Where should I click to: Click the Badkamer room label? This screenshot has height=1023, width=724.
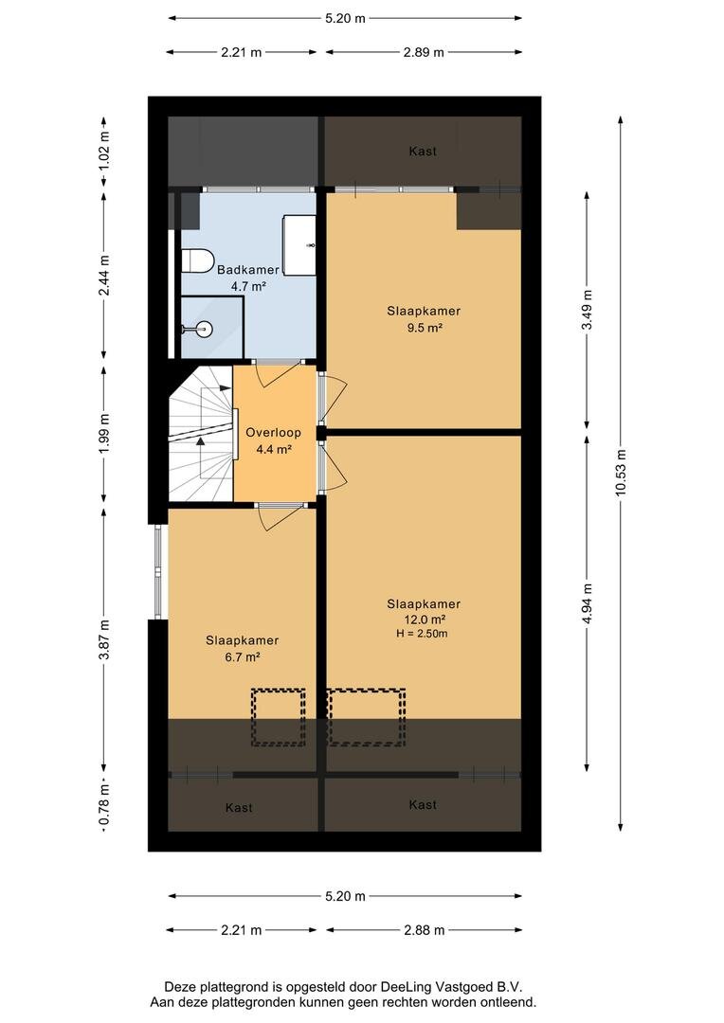pyautogui.click(x=248, y=269)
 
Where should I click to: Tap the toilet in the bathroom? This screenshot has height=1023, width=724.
pyautogui.click(x=197, y=261)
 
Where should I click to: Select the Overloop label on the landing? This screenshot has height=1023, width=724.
pyautogui.click(x=273, y=433)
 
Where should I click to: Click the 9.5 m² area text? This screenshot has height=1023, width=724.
pyautogui.click(x=425, y=328)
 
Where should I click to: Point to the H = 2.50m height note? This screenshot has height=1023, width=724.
pyautogui.click(x=422, y=634)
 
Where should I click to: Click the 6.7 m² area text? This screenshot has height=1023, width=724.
pyautogui.click(x=243, y=657)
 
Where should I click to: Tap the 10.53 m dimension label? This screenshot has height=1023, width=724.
pyautogui.click(x=621, y=473)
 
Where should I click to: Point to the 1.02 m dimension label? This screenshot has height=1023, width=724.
pyautogui.click(x=104, y=152)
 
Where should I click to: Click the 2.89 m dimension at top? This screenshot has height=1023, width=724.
pyautogui.click(x=424, y=52)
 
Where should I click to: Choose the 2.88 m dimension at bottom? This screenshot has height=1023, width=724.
pyautogui.click(x=424, y=930)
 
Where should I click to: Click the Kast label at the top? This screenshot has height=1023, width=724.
pyautogui.click(x=423, y=152)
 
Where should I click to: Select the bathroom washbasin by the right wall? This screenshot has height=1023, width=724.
pyautogui.click(x=299, y=244)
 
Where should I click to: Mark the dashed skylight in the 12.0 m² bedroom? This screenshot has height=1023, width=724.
pyautogui.click(x=366, y=717)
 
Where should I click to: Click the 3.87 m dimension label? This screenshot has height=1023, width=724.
pyautogui.click(x=104, y=639)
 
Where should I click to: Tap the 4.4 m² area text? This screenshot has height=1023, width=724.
pyautogui.click(x=274, y=449)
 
